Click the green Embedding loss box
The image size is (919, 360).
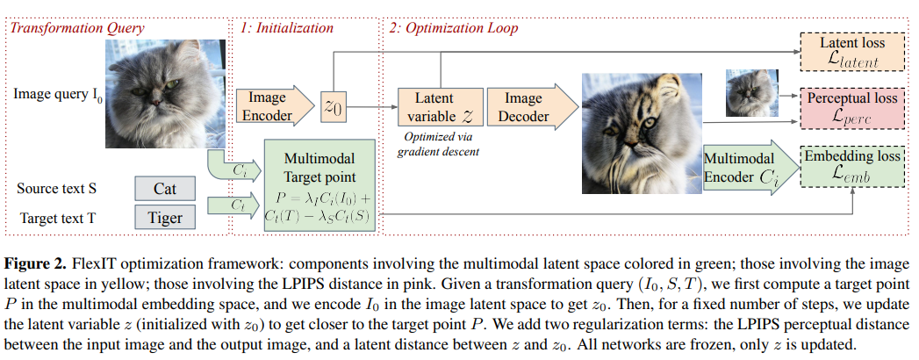click(851, 165)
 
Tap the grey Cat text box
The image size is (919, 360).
click(165, 189)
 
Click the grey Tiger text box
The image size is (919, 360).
click(165, 217)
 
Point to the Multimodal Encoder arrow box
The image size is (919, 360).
click(744, 169)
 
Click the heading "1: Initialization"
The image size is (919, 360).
click(286, 28)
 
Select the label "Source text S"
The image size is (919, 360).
click(54, 189)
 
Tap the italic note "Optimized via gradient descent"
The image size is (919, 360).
click(435, 143)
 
